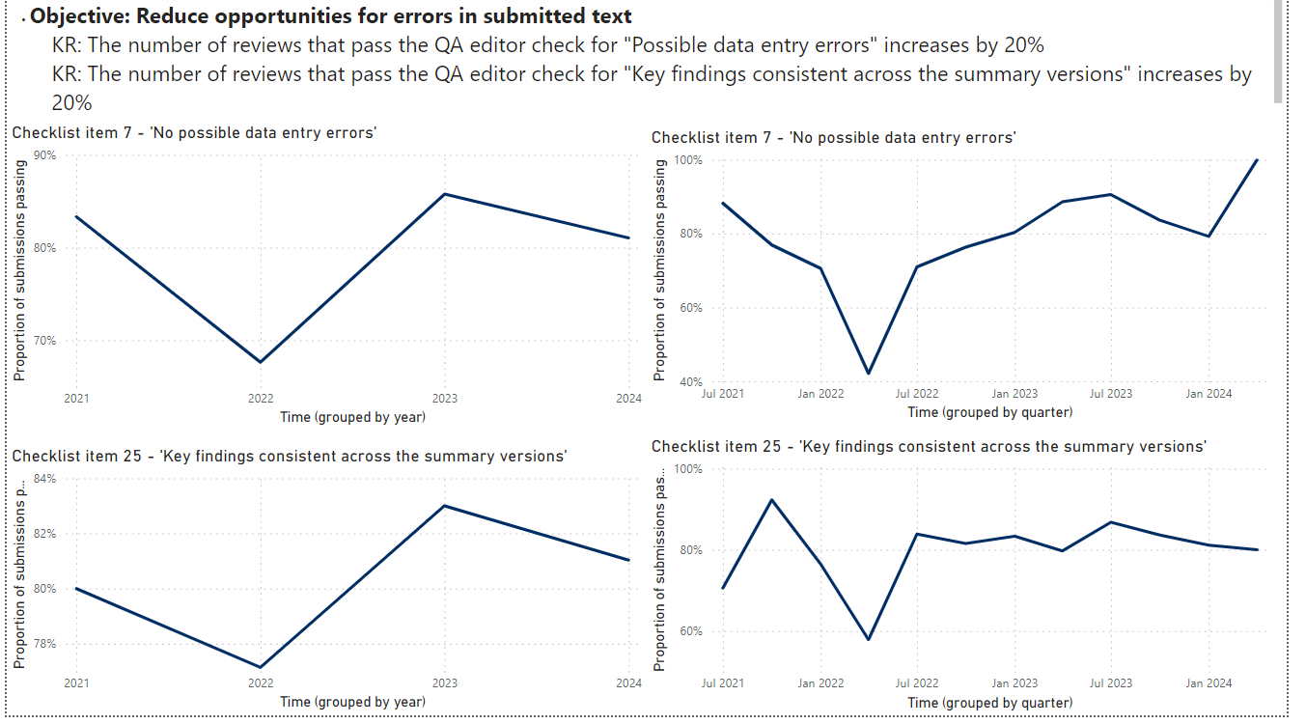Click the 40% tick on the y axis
click(691, 382)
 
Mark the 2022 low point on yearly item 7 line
click(261, 362)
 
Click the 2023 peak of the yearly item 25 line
click(444, 506)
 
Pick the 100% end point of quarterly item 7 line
click(1257, 160)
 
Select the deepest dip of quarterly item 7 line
click(869, 374)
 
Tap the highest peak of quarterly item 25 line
click(771, 500)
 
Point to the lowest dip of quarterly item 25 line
click(869, 639)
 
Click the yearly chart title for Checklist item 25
click(289, 456)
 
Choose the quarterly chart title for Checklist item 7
click(833, 138)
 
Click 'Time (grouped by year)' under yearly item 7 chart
click(352, 417)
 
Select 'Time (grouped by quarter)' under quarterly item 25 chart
click(989, 703)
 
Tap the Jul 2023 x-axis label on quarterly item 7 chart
click(1111, 394)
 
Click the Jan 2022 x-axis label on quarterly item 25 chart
click(820, 683)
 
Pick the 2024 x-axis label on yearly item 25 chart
click(628, 683)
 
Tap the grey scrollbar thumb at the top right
click(1278, 48)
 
